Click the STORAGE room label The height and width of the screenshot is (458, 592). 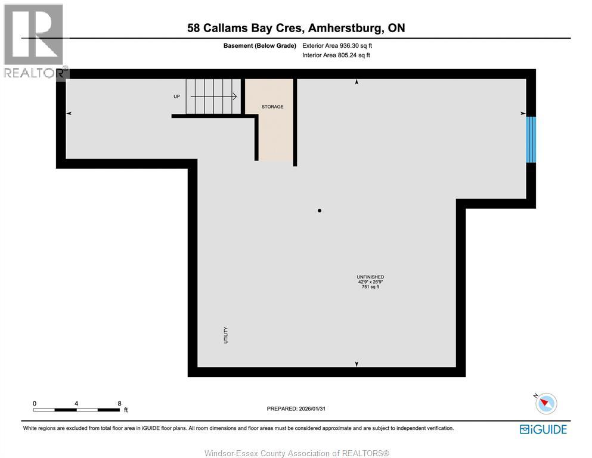tap(272, 107)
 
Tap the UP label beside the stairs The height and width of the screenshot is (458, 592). tap(178, 96)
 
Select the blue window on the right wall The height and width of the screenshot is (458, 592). tap(531, 140)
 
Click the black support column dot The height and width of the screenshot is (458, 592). tap(320, 211)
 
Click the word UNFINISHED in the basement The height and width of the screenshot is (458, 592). tap(370, 277)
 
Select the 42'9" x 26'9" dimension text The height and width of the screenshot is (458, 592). tap(370, 282)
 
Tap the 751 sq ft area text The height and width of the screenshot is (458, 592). tap(370, 287)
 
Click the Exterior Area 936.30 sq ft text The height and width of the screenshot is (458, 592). tap(337, 45)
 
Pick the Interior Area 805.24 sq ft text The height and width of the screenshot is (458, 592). tap(336, 55)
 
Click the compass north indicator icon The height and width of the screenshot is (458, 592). tap(545, 403)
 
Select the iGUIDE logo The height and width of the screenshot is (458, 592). tap(543, 429)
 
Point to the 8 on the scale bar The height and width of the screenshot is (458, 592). tap(120, 403)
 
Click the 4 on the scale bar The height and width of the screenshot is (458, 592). tap(77, 403)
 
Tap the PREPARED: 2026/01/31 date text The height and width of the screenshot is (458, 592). tap(296, 409)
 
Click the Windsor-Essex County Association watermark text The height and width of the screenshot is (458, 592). tap(296, 453)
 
